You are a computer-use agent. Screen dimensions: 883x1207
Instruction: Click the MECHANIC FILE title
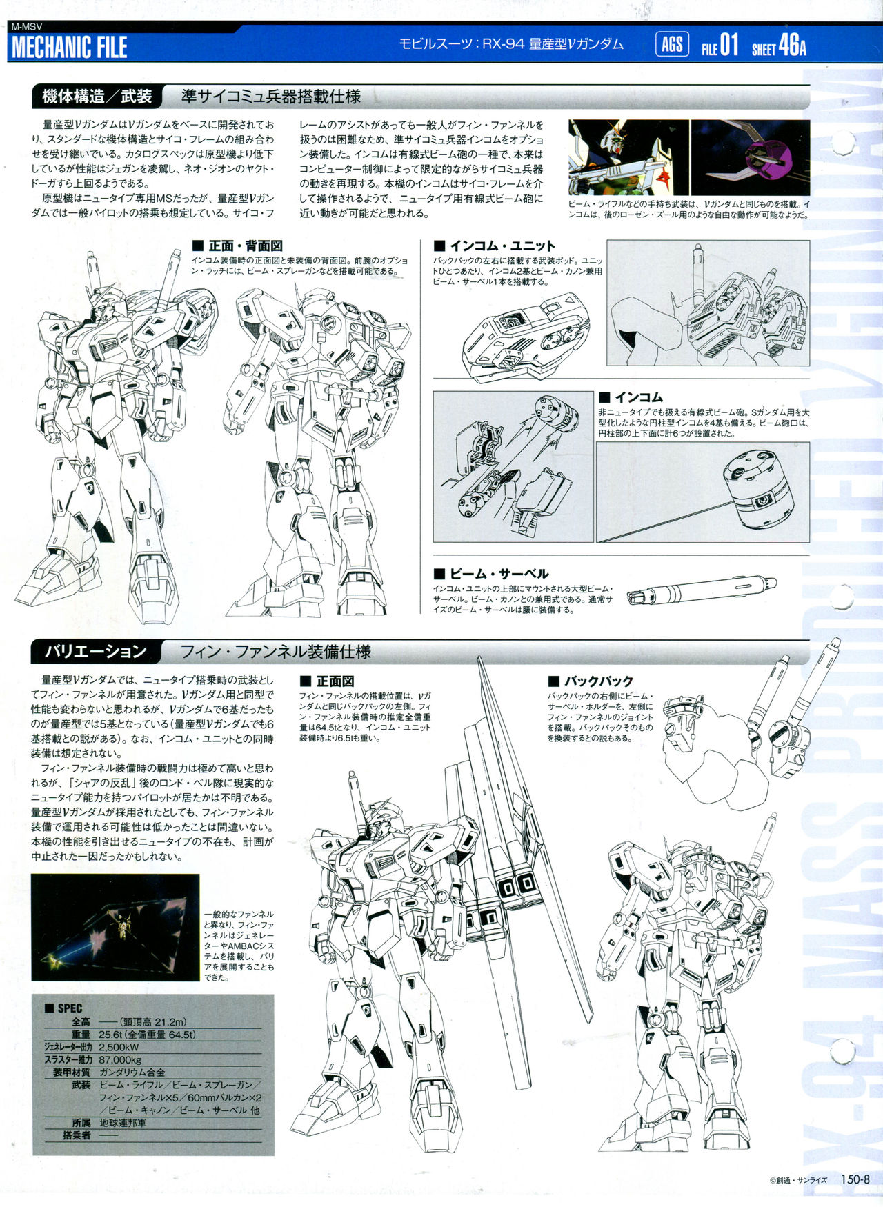click(70, 48)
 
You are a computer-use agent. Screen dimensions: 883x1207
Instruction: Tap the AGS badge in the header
click(671, 45)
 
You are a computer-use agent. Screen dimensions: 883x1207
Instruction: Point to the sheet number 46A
click(792, 46)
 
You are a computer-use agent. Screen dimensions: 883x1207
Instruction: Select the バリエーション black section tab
click(96, 652)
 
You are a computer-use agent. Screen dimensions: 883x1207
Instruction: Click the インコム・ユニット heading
click(495, 246)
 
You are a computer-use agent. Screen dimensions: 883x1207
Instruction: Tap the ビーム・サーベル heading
click(491, 574)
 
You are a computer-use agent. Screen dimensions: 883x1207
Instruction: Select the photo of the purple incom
click(750, 157)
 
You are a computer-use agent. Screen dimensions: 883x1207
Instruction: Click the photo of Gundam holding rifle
click(628, 157)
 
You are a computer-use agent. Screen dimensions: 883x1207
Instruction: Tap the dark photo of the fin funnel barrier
click(115, 927)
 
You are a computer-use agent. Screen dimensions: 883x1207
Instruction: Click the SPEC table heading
click(63, 1008)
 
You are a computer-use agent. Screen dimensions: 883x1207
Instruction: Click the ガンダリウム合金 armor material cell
click(132, 1073)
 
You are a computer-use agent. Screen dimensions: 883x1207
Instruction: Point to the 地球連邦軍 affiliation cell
click(123, 1123)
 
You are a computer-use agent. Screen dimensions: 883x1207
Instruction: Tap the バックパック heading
click(591, 681)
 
